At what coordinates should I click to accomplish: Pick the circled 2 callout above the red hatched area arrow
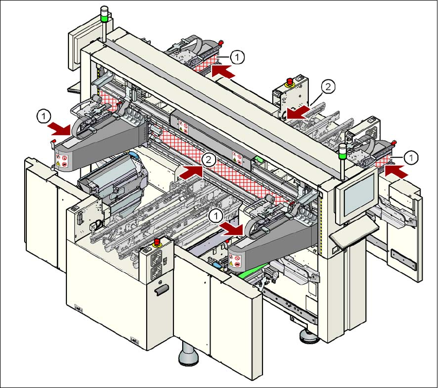(208, 160)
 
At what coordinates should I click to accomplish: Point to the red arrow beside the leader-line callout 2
(297, 112)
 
